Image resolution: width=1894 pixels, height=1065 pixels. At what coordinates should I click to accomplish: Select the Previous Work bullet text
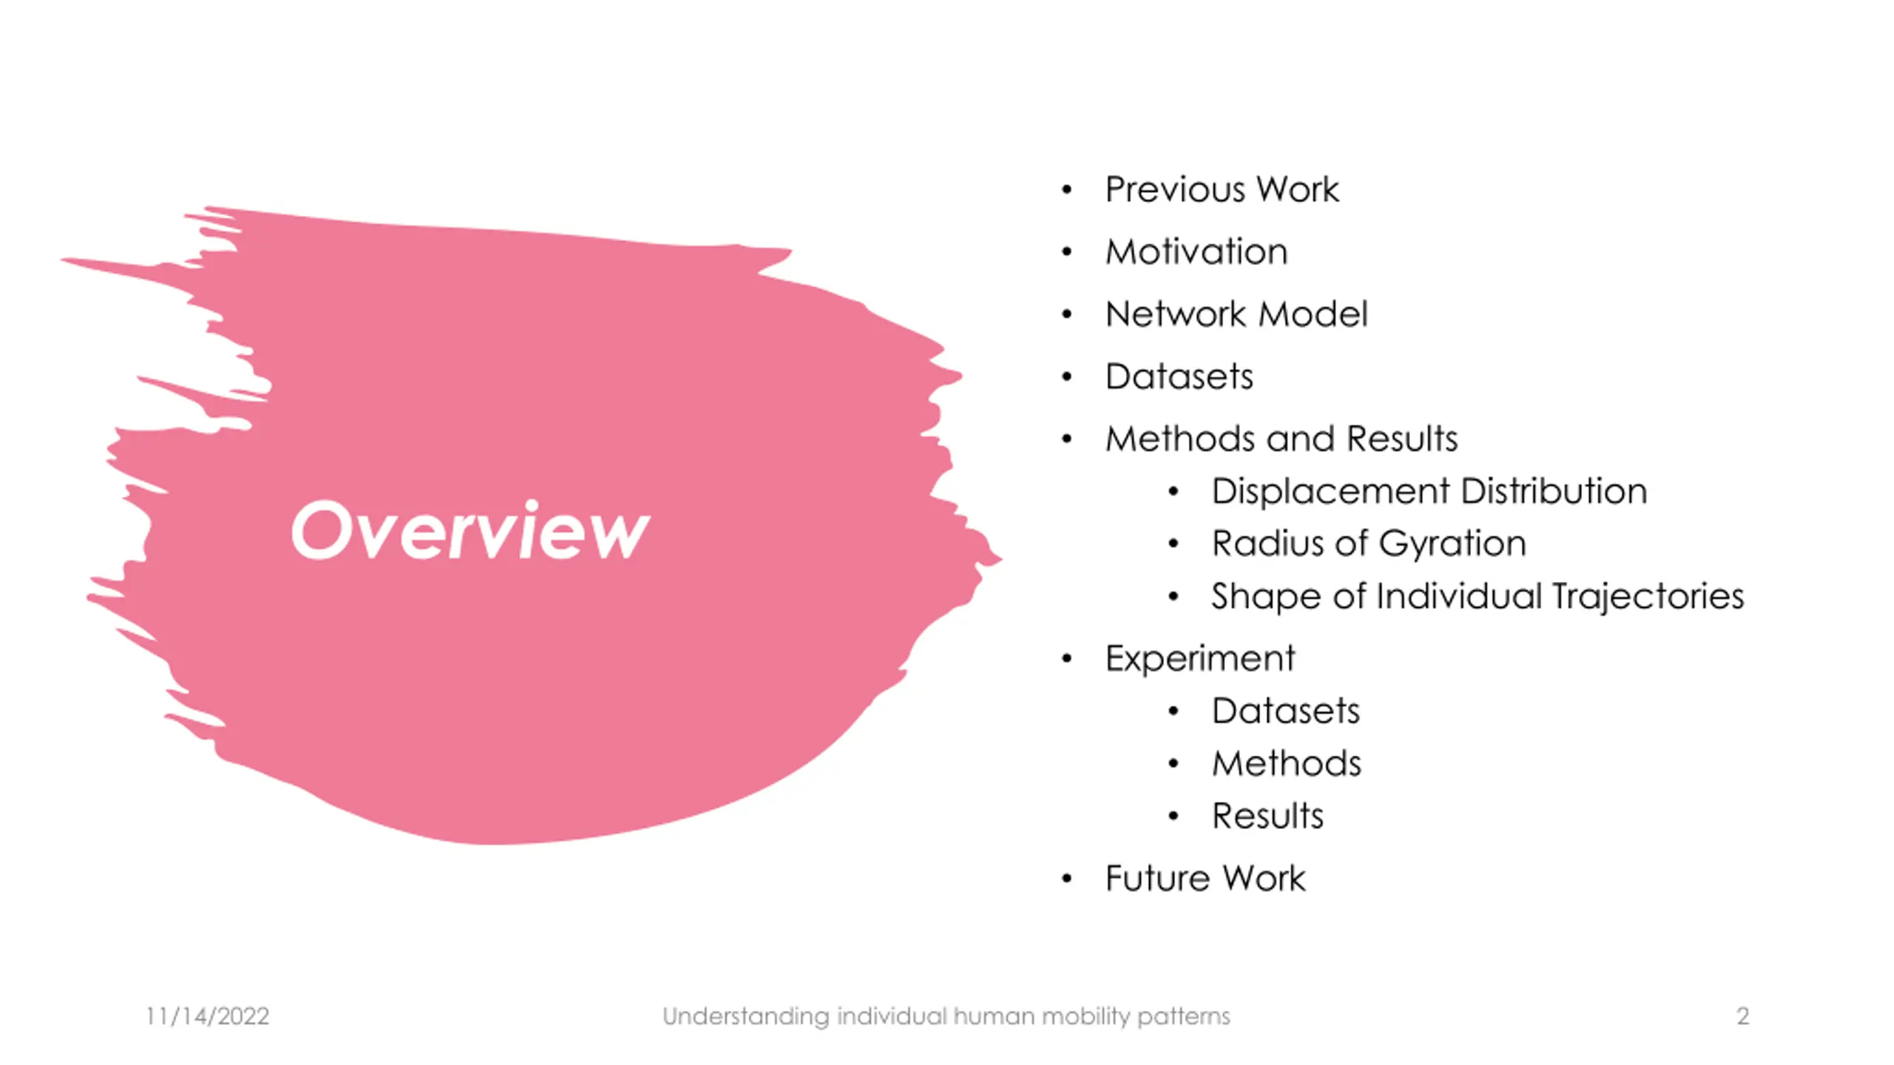(1221, 189)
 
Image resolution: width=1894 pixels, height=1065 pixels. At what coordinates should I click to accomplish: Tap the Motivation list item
(1196, 251)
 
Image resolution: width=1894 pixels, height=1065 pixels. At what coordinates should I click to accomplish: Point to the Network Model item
(1236, 314)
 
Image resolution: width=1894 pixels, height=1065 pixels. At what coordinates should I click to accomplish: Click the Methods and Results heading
(1281, 439)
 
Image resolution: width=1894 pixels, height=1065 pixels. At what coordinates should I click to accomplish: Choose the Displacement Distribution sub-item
(1429, 491)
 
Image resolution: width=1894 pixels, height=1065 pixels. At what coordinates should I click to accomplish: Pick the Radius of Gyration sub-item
(1369, 544)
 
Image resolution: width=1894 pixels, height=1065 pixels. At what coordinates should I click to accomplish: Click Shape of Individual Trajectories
(1477, 596)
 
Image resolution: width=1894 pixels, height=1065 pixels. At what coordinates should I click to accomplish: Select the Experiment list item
(1200, 658)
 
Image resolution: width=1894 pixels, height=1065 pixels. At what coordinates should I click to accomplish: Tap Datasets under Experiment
(1286, 711)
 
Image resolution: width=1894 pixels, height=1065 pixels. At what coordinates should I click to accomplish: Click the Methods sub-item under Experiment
(1287, 763)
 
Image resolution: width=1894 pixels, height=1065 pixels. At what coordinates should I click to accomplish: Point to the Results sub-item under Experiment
(1267, 816)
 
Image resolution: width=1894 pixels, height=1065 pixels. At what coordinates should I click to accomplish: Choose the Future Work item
(1205, 879)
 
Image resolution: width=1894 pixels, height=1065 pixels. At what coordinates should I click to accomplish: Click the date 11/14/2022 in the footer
(207, 1016)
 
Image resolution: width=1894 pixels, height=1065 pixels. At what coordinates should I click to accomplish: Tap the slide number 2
(1742, 1016)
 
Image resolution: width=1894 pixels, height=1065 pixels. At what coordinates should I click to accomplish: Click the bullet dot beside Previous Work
(1067, 190)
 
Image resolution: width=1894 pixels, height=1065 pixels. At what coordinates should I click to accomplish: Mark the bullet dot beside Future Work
(1067, 879)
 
